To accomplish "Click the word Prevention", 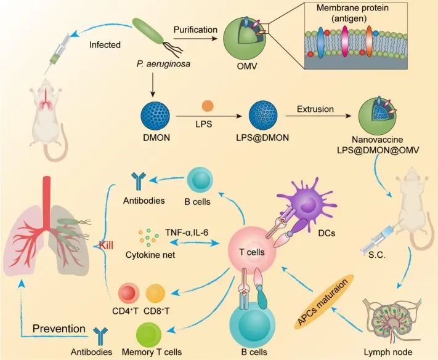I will (59, 328).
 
